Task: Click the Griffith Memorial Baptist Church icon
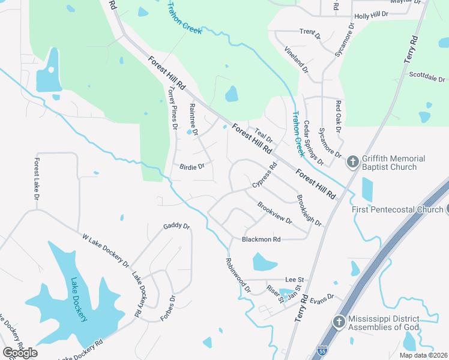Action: [352, 162]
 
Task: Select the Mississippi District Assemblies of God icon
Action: [339, 322]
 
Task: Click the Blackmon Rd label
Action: [261, 239]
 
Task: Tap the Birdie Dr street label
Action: [192, 166]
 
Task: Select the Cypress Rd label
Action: [264, 174]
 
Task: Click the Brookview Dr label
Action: [274, 213]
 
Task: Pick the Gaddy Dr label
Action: [176, 226]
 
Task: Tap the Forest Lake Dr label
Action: [37, 179]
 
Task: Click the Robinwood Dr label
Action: [237, 275]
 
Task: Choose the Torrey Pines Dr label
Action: [173, 108]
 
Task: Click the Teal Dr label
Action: [264, 135]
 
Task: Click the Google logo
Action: [20, 353]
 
